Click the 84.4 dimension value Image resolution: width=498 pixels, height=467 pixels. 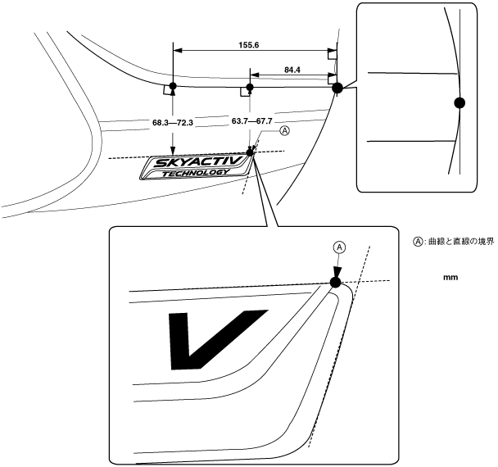tap(291, 70)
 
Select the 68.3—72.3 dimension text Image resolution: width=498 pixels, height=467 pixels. tap(172, 122)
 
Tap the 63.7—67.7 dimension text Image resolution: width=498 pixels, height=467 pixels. tap(251, 121)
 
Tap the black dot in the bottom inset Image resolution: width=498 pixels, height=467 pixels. tap(334, 283)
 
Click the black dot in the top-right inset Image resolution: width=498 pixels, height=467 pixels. tap(460, 102)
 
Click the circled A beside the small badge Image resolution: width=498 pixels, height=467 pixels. tap(284, 130)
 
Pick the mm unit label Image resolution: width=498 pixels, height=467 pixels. tap(450, 278)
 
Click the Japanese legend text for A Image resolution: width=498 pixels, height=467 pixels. tap(460, 243)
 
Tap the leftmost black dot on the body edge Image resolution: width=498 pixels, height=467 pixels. tap(172, 86)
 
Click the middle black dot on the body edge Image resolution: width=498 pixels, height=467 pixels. tap(250, 86)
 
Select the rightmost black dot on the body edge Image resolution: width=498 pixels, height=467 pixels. tap(337, 88)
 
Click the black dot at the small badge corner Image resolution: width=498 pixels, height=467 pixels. tap(251, 152)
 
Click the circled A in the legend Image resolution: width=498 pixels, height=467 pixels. tap(417, 243)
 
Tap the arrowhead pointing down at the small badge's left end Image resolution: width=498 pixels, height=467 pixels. tap(172, 147)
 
